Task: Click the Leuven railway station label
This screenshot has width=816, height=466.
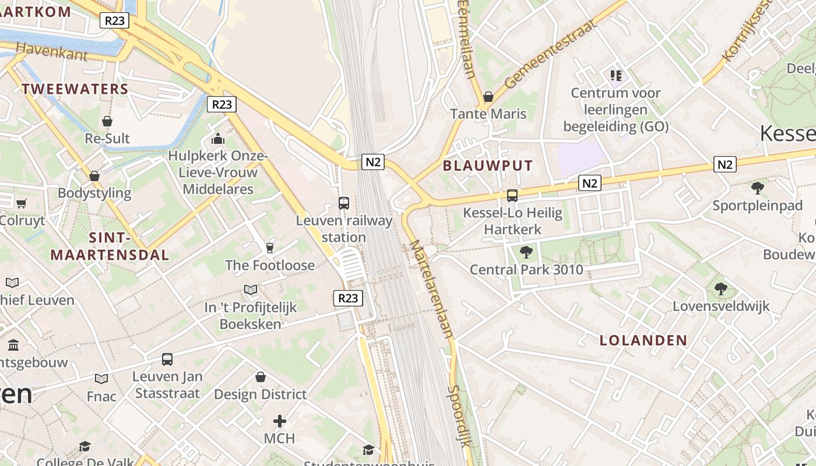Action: [x=344, y=229]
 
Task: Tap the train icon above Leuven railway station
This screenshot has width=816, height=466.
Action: [x=344, y=203]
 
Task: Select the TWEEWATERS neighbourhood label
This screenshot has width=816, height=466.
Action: [x=75, y=89]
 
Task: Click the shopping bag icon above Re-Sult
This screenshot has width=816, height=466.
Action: [x=107, y=121]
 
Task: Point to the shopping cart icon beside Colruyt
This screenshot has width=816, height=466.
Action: [x=22, y=203]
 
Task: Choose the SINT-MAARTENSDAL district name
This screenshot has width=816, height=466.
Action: [x=110, y=246]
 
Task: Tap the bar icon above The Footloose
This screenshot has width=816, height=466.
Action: [x=270, y=248]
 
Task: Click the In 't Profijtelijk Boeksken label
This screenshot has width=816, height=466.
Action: [x=251, y=315]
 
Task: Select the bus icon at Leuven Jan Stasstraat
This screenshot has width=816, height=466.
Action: [x=167, y=359]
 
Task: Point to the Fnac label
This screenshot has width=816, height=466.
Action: [x=102, y=396]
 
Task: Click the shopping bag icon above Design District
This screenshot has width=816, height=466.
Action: [x=261, y=377]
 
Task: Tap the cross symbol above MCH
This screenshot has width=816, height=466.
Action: [x=280, y=421]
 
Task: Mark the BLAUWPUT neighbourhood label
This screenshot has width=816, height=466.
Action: [x=488, y=165]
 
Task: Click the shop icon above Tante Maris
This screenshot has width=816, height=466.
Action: [x=488, y=96]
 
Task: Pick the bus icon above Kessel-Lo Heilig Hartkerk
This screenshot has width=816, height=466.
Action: [x=512, y=196]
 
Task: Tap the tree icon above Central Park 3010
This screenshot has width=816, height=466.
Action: [x=526, y=252]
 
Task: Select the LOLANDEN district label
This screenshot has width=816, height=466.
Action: [x=643, y=340]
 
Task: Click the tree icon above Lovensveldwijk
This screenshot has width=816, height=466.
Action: [x=721, y=288]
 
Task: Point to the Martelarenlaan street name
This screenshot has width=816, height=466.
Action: [x=431, y=289]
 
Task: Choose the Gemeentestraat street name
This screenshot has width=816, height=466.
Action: [x=551, y=54]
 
